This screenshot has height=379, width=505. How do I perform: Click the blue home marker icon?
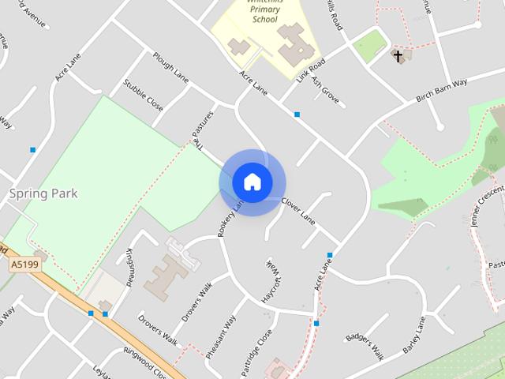(x=252, y=182)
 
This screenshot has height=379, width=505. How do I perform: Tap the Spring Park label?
(x=43, y=193)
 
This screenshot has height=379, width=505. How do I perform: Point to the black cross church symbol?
(x=398, y=56)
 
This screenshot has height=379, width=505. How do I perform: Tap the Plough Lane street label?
(x=171, y=69)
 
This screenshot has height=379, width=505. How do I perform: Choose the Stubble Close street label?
(x=143, y=95)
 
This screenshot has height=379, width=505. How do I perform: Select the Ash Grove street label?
(x=325, y=92)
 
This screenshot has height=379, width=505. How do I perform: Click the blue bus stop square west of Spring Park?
(x=32, y=149)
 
